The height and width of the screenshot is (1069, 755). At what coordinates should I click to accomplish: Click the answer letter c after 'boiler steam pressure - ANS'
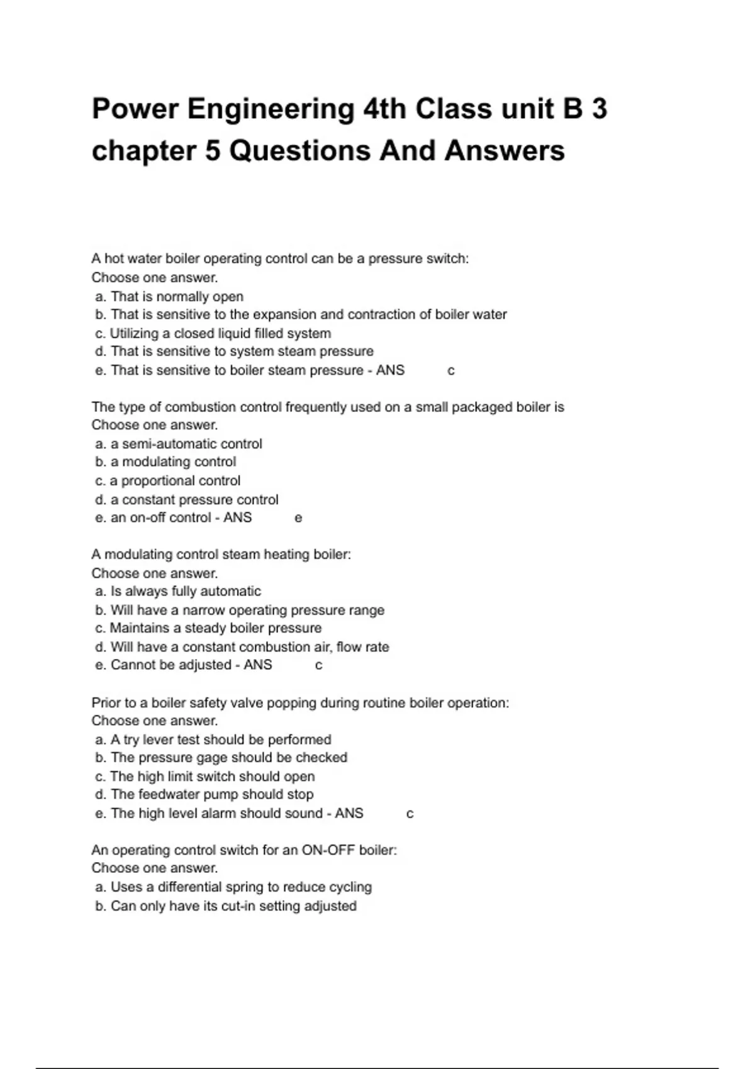click(x=450, y=371)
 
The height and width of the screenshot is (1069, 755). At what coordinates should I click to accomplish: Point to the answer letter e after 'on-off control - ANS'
click(x=298, y=518)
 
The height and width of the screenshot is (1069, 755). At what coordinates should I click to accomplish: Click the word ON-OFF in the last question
click(x=328, y=850)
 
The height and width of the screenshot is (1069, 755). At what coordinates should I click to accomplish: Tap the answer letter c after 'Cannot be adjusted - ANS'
click(x=318, y=665)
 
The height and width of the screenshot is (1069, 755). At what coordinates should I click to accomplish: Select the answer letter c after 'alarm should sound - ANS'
click(x=410, y=814)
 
